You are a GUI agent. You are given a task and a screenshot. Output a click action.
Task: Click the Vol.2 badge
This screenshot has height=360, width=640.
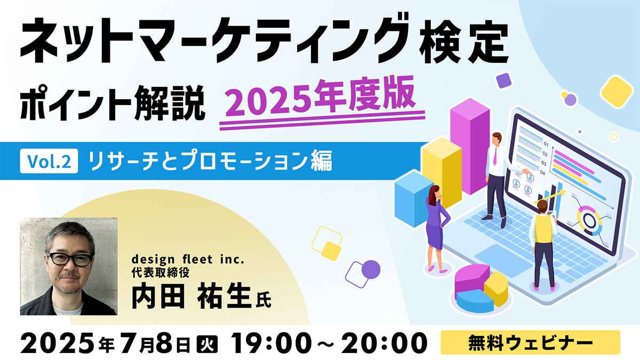click(x=49, y=161)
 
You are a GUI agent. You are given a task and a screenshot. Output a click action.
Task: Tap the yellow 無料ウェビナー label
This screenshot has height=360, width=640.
click(x=530, y=342)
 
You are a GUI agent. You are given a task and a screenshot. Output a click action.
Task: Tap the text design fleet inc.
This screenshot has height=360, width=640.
click(x=188, y=259)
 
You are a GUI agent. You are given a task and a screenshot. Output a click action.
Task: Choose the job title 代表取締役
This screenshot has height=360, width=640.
click(x=161, y=273)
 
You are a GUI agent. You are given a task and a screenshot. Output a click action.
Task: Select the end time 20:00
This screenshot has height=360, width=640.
click(x=384, y=342)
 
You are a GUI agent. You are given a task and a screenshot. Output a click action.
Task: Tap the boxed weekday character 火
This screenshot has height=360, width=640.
click(x=207, y=343)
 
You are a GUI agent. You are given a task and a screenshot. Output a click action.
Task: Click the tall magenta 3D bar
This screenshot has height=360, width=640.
click(x=470, y=146)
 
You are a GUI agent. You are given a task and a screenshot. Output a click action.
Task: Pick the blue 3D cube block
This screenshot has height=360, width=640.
click(x=414, y=199)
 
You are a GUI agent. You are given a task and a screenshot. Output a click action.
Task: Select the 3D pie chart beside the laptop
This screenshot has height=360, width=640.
click(x=481, y=288)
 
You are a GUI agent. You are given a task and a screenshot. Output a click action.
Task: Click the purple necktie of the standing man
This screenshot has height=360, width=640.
click(x=495, y=156)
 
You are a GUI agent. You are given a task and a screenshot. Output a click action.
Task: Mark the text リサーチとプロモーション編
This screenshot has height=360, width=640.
click(x=210, y=161)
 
